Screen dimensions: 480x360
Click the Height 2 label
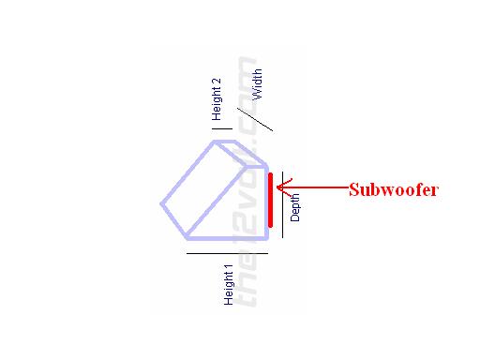point(217,99)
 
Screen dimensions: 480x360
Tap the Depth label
point(295,205)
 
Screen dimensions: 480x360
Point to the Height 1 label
point(228,284)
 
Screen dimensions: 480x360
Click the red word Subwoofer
point(394,189)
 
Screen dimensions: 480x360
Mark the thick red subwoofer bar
point(270,200)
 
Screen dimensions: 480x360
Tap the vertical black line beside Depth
point(283,205)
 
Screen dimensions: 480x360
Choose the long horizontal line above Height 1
point(228,253)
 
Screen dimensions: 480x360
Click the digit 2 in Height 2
point(217,82)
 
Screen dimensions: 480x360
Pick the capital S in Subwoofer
point(353,189)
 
